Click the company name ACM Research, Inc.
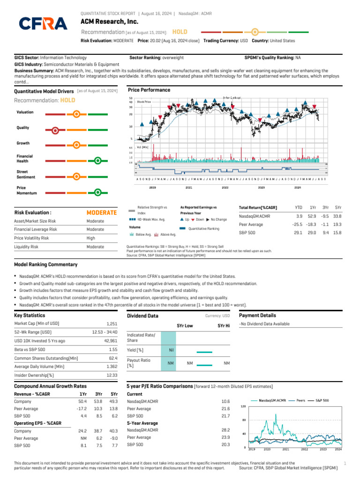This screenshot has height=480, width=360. point(109,22)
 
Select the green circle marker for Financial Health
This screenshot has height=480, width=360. point(97,161)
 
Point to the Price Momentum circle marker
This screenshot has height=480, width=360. point(97,192)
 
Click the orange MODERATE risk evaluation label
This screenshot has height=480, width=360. point(102,212)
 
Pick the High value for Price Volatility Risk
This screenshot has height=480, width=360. point(91,238)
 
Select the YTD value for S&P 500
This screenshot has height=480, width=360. point(298,232)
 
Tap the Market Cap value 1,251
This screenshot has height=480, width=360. point(111,324)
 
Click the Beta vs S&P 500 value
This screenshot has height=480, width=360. point(112,350)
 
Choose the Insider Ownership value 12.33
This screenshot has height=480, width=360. point(112,375)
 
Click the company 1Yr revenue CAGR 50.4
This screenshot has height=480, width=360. point(82,402)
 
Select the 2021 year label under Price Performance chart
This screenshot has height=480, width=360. point(188,187)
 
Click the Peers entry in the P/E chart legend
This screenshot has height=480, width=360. point(300,401)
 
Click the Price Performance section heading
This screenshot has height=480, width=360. point(149,90)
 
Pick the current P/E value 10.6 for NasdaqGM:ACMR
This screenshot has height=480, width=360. point(225,402)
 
